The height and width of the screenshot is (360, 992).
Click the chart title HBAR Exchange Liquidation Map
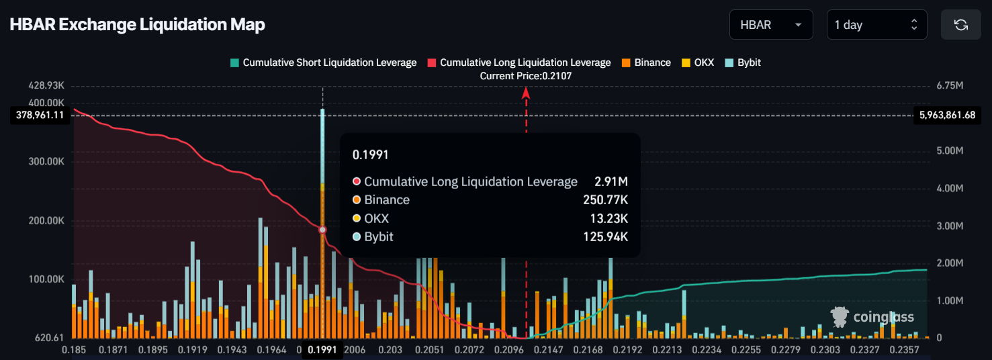tap(137, 25)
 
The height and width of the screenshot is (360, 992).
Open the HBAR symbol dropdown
tap(771, 25)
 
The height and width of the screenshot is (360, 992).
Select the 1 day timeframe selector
tap(877, 25)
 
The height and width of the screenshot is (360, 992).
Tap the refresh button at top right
tap(961, 25)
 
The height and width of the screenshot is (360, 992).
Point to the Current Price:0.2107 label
tap(526, 76)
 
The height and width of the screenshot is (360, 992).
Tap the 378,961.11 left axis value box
tap(40, 115)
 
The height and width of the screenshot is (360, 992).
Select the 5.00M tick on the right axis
tap(949, 151)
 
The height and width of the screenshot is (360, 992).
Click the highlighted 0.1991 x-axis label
tap(322, 349)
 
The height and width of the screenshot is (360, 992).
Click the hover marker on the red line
tap(322, 230)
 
